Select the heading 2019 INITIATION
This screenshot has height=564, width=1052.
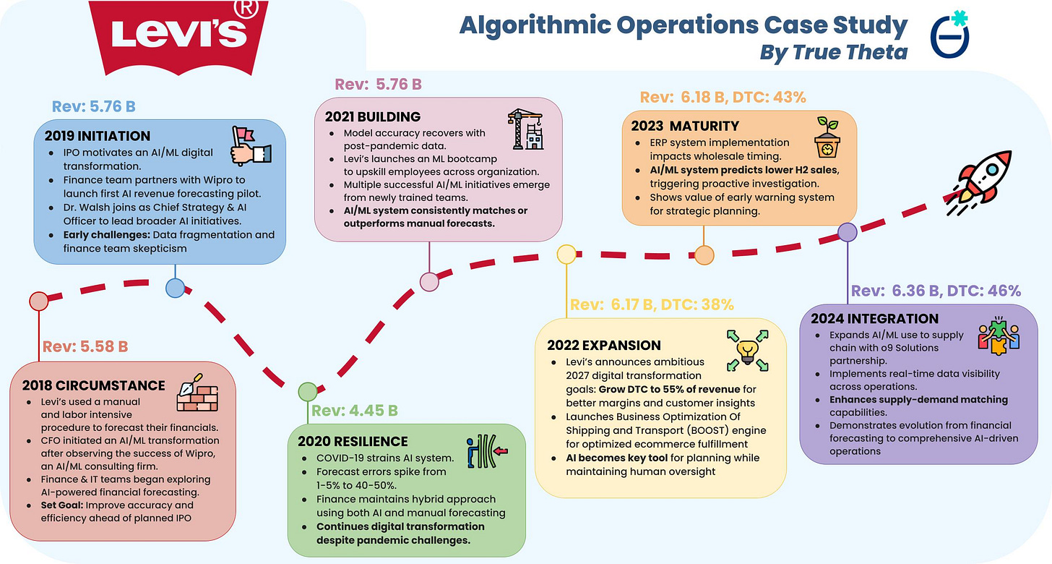[x=97, y=136]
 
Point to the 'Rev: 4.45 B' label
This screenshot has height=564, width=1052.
[x=354, y=411]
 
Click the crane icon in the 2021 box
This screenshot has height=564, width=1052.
[x=526, y=129]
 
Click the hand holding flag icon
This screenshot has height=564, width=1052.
[x=250, y=145]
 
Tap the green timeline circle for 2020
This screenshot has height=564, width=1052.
[x=308, y=392]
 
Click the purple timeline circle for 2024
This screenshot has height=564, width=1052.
[x=847, y=232]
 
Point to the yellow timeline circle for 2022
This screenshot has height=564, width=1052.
[x=566, y=254]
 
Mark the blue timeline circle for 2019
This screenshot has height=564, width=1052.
[x=175, y=288]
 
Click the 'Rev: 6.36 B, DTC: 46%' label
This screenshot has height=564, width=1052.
[x=936, y=291]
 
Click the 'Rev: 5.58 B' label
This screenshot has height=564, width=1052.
[x=85, y=346]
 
